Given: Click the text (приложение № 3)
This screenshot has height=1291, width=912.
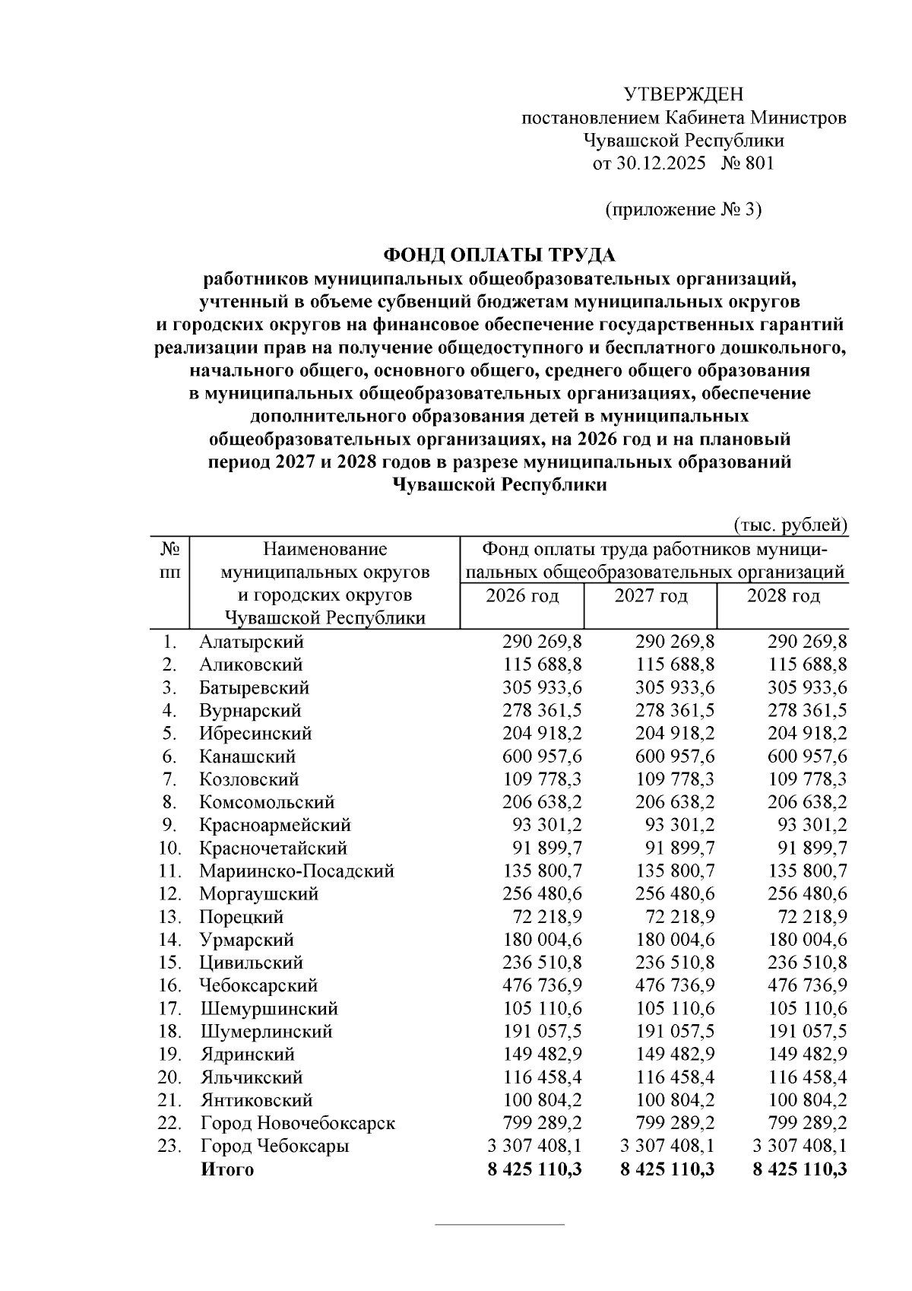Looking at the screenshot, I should [682, 210].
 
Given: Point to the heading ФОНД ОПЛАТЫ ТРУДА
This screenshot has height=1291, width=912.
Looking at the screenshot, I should [499, 254].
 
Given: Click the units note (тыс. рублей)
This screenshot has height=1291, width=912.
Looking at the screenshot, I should [790, 525].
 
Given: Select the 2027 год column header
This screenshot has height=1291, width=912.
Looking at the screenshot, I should [651, 595].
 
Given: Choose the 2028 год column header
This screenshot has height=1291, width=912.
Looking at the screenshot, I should [783, 595].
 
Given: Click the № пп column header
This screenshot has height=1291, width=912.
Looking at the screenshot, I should [170, 559].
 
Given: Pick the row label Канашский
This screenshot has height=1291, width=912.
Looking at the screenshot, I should [248, 757].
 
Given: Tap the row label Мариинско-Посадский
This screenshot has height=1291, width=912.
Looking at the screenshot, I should [296, 871].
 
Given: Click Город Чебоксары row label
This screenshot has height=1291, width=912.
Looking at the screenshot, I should [274, 1146].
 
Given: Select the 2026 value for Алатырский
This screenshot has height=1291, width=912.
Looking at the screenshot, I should [542, 642].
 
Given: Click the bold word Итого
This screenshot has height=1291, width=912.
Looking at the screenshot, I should [226, 1169].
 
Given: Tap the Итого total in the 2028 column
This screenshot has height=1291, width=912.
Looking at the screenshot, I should [800, 1169].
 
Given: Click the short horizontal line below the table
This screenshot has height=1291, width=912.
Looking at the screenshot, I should [499, 1225].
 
